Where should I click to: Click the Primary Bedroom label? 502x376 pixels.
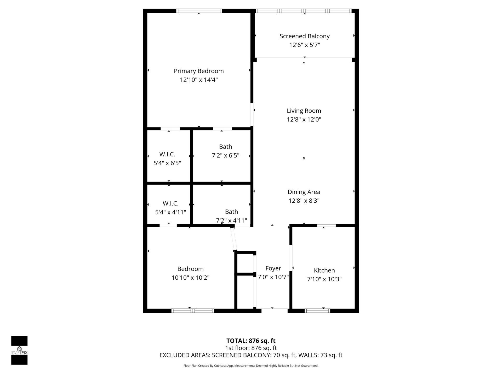[199, 71]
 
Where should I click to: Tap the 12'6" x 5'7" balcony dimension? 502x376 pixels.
[304, 45]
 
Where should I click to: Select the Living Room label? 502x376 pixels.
[304, 111]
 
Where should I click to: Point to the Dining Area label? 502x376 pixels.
[304, 192]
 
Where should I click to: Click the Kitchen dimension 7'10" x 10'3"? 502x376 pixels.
[324, 279]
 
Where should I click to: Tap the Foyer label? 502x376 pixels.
[273, 268]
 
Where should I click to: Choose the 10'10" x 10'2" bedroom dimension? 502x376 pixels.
[190, 278]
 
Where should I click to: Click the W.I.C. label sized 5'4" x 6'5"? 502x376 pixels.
[167, 154]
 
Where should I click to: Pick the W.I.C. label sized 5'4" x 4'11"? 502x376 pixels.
[170, 203]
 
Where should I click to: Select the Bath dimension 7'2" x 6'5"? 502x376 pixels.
[225, 156]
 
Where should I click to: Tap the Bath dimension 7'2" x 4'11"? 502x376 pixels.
[231, 220]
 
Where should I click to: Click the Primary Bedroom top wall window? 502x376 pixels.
[199, 11]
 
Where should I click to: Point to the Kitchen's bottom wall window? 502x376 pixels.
[317, 311]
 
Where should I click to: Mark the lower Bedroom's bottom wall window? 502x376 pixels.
[193, 311]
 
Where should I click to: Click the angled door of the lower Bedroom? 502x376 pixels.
[233, 238]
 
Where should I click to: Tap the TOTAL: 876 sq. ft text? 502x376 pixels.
[251, 341]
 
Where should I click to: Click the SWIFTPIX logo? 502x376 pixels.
[19, 350]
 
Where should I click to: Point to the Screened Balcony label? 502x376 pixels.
[304, 36]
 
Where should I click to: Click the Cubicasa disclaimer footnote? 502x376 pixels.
[251, 366]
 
